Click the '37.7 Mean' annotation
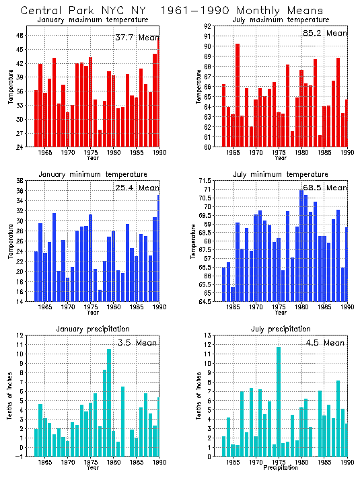pyautogui.click(x=137, y=38)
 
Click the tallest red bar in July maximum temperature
pyautogui.click(x=238, y=95)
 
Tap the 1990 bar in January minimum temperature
pyautogui.click(x=159, y=247)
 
